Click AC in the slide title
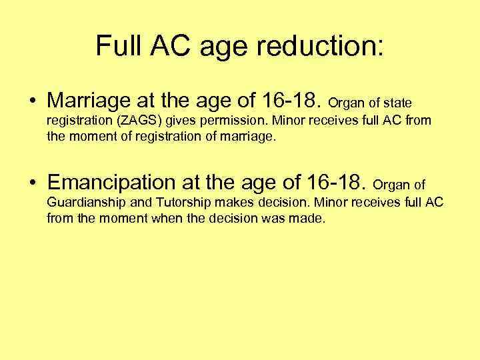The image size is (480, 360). [169, 45]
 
